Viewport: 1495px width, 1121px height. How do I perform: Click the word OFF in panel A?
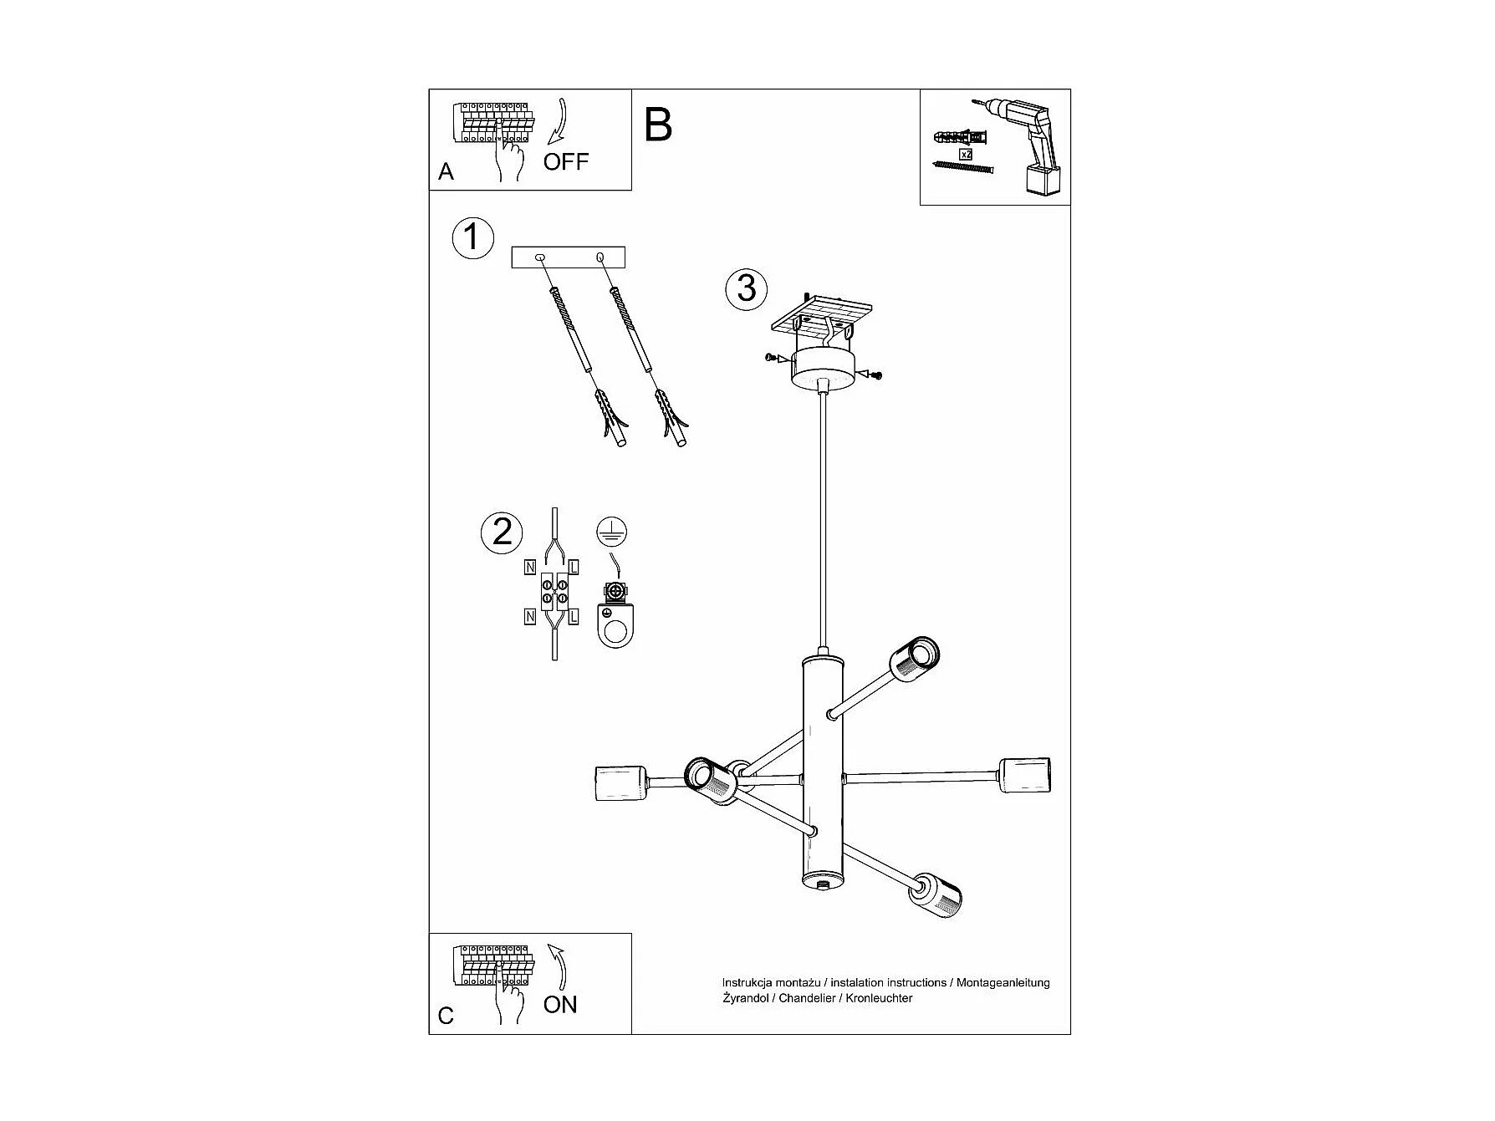pyautogui.click(x=566, y=161)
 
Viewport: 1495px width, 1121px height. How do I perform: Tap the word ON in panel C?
pyautogui.click(x=560, y=1004)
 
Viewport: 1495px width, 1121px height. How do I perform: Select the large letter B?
pyautogui.click(x=658, y=125)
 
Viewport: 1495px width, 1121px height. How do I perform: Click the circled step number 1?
pyautogui.click(x=472, y=237)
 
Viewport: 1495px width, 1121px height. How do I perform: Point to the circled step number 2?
pyautogui.click(x=502, y=532)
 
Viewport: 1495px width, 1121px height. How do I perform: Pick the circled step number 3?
pyautogui.click(x=746, y=288)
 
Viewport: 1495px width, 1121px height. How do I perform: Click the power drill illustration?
pyautogui.click(x=1030, y=146)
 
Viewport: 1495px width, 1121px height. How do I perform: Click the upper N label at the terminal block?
pyautogui.click(x=530, y=568)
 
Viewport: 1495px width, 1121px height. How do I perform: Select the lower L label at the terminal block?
pyautogui.click(x=574, y=618)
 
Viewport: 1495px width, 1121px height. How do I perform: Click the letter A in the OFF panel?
pyautogui.click(x=446, y=172)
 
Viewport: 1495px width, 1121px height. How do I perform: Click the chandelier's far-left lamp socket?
pyautogui.click(x=619, y=782)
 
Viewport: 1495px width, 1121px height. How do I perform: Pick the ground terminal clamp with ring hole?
pyautogui.click(x=615, y=619)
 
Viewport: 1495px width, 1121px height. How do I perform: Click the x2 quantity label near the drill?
pyautogui.click(x=966, y=155)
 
